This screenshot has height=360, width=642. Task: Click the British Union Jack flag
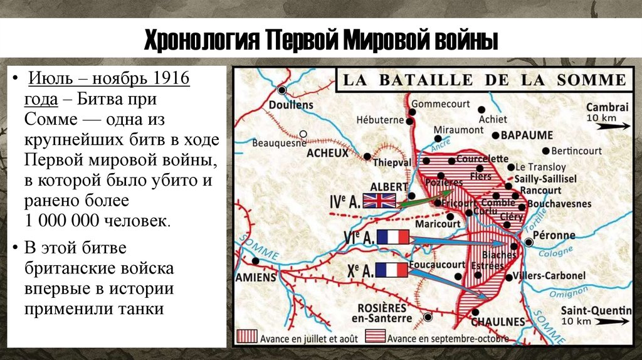pyautogui.click(x=380, y=200)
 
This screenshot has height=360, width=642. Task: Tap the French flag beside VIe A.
pyautogui.click(x=393, y=237)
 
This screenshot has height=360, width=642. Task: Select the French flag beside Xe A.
pyautogui.click(x=392, y=270)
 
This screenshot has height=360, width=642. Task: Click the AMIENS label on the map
pyautogui.click(x=256, y=277)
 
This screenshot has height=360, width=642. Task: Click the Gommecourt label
pyautogui.click(x=439, y=103)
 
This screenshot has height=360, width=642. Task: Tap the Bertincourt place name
pyautogui.click(x=577, y=151)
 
